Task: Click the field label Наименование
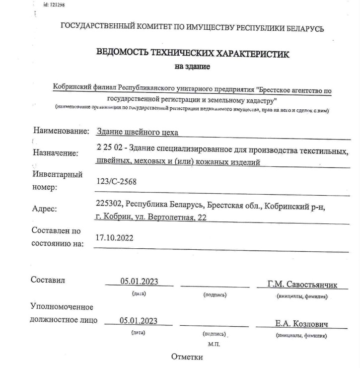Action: click(61, 132)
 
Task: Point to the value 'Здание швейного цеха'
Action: click(138, 132)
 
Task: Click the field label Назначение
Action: click(56, 153)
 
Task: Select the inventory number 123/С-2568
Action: click(116, 182)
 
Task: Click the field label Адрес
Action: click(45, 209)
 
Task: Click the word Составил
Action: click(48, 281)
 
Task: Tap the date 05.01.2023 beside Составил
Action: click(139, 282)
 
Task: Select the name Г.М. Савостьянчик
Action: click(302, 285)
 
